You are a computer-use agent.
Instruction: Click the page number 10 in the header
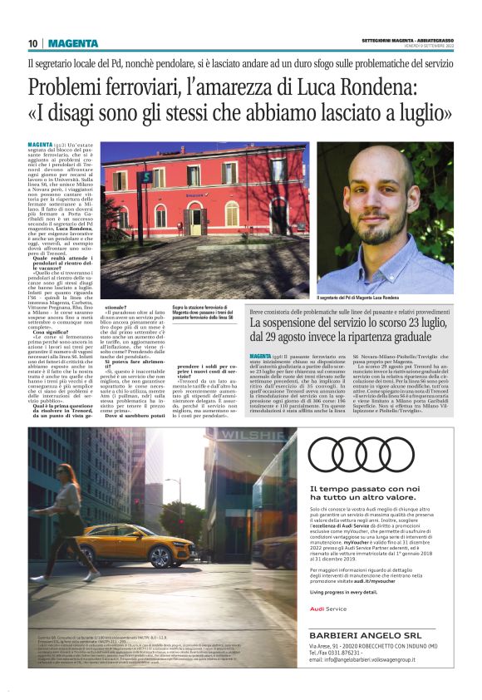(x=32, y=43)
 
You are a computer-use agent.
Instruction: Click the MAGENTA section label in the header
(x=72, y=43)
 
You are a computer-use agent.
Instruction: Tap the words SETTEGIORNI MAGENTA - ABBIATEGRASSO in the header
(x=408, y=41)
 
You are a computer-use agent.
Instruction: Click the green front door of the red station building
(x=195, y=220)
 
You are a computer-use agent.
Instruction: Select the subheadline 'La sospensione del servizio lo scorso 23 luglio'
(x=352, y=323)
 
